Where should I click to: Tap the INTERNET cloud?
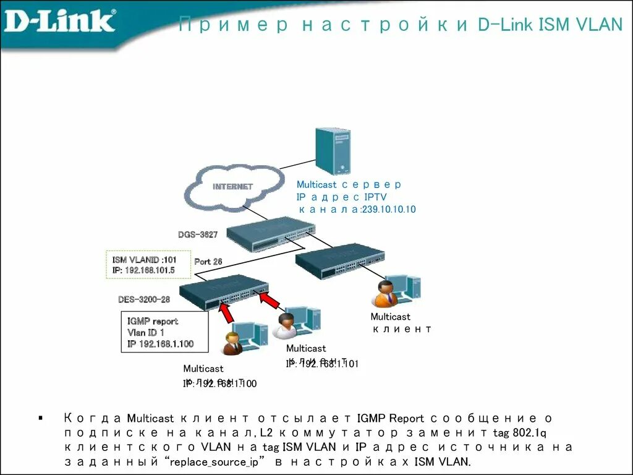click(x=232, y=187)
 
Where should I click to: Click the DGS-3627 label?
click(x=198, y=234)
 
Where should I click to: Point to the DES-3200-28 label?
click(x=144, y=299)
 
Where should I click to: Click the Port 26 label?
click(x=208, y=262)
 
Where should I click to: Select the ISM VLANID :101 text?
click(x=144, y=260)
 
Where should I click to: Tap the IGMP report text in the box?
click(x=153, y=321)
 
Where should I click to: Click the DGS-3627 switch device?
click(x=270, y=233)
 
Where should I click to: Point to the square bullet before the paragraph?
click(x=41, y=419)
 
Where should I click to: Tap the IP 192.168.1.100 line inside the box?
click(x=160, y=344)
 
